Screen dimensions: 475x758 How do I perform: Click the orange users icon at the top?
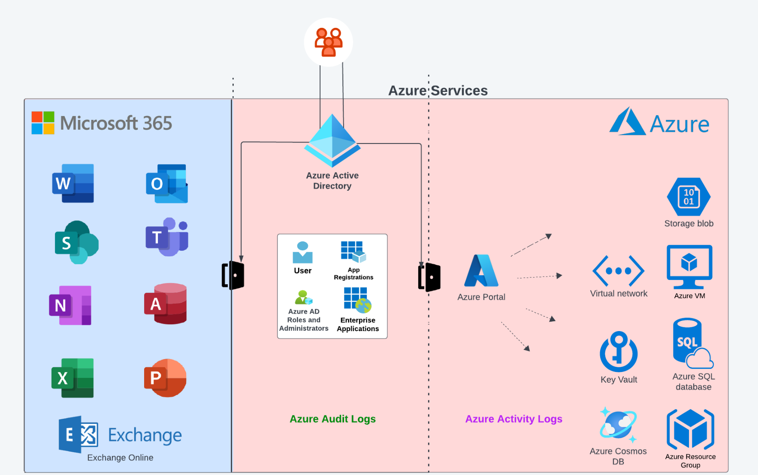[329, 42]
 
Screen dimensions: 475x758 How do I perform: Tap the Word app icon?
[73, 183]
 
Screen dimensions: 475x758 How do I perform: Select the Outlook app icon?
[167, 184]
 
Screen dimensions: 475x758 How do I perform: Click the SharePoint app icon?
[76, 242]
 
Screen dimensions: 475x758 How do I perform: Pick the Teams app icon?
[167, 237]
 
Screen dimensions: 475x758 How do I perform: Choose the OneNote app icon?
[70, 305]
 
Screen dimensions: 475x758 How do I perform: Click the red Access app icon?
[166, 304]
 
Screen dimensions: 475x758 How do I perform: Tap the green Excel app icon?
[72, 378]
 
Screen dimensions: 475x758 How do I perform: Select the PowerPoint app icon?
[165, 378]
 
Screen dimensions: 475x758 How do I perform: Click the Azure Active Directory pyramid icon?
[332, 140]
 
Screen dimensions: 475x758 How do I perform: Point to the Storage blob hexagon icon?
[689, 197]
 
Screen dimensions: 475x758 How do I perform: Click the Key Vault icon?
[619, 351]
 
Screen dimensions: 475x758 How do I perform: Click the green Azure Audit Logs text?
[332, 419]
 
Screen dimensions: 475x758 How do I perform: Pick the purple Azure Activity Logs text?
[513, 419]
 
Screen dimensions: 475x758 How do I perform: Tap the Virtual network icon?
[618, 271]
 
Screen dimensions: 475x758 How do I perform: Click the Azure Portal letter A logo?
[481, 271]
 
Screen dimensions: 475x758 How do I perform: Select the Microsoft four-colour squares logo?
[43, 123]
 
